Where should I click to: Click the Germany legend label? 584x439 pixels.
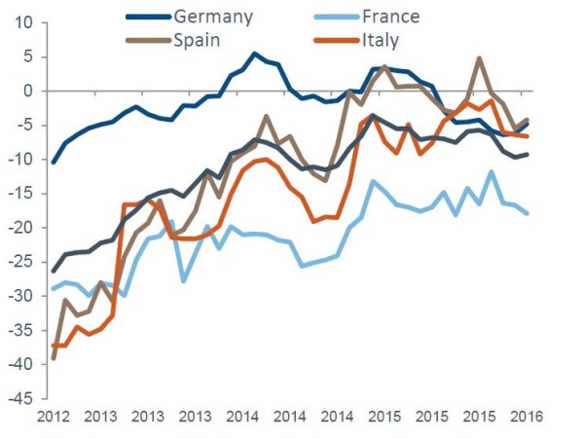point(212,17)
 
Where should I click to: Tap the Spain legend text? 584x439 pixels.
point(200,40)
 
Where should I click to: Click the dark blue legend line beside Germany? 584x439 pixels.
point(146,17)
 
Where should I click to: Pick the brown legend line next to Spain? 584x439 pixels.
point(146,40)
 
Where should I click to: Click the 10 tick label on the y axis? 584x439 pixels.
point(23,22)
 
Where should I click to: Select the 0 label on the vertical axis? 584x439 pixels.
point(28,91)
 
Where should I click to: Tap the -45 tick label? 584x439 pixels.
point(19,398)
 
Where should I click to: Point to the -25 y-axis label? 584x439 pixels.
point(19,262)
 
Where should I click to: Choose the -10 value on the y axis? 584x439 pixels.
point(19,159)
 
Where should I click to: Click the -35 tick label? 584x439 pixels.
point(19,330)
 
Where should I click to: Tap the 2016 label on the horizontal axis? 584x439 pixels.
point(525,417)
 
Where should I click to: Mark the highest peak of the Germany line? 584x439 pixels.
point(255,54)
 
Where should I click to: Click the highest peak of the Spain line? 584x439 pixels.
point(480,58)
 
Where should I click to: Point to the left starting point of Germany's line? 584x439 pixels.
point(53,162)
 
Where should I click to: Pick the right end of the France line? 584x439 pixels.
point(528,213)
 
